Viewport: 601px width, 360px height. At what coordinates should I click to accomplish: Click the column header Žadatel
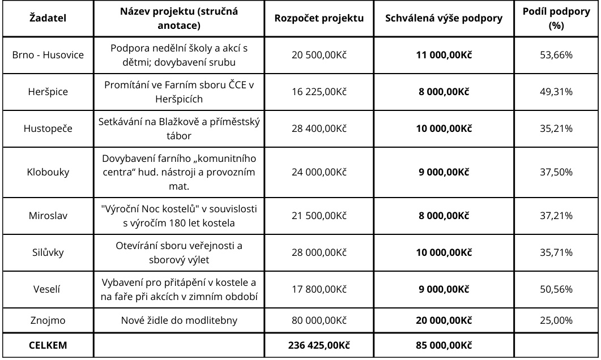point(48,18)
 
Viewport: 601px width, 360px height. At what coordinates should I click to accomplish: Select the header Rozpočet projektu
point(319,18)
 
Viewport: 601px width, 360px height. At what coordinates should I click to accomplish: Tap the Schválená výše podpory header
point(444,18)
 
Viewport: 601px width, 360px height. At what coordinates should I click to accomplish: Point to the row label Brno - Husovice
point(48,55)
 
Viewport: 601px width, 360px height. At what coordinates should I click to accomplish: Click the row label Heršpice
point(48,92)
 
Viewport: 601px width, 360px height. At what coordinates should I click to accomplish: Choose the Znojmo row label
point(48,320)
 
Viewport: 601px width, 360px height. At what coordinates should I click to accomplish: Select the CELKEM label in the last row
point(48,345)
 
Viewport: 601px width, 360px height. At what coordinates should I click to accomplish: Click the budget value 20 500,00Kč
point(319,55)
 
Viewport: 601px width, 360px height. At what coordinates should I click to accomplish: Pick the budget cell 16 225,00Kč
point(319,92)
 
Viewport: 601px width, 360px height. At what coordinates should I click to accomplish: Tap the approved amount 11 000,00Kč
point(444,55)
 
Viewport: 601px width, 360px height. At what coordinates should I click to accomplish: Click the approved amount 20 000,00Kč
point(444,320)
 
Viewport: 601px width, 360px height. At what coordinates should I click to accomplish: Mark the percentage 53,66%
point(555,55)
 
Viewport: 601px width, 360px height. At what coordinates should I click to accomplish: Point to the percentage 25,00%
point(555,320)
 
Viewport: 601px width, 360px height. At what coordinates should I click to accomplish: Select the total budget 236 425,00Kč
point(319,345)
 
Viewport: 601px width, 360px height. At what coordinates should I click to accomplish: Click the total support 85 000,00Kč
point(444,345)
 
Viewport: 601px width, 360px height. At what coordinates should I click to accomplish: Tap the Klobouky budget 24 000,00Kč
point(319,172)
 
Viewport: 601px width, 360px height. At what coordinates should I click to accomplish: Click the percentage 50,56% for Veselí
point(555,289)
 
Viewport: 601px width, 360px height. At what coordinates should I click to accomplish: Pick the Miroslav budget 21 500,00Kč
point(319,216)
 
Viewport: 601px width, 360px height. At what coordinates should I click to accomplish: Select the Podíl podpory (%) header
point(555,18)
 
